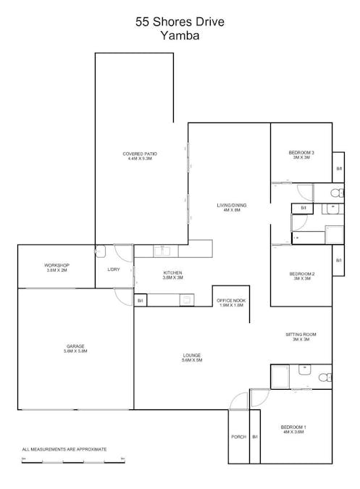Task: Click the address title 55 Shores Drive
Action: [x=180, y=22]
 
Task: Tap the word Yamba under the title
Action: [x=180, y=35]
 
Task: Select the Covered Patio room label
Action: [x=139, y=154]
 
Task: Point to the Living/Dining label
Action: [x=231, y=206]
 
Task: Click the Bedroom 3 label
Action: [x=301, y=153]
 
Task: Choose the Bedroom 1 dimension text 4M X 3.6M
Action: [x=293, y=432]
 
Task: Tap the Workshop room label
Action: [x=56, y=266]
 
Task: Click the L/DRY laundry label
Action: [x=114, y=269]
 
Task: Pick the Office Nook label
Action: [x=231, y=300]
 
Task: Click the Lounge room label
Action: [x=191, y=355]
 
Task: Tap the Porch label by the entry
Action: [x=238, y=437]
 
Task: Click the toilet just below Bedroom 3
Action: [x=335, y=193]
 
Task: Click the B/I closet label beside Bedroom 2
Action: [x=338, y=259]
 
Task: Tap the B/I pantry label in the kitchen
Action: [x=141, y=300]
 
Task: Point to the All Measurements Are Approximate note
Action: [x=64, y=449]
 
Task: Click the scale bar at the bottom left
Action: [x=72, y=459]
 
